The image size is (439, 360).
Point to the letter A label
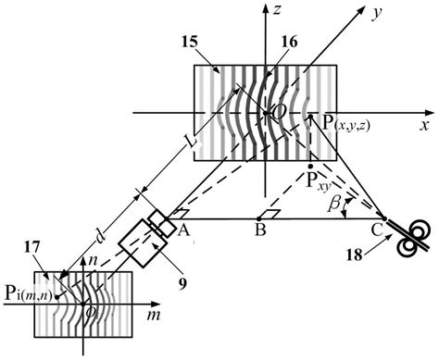click(x=183, y=231)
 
